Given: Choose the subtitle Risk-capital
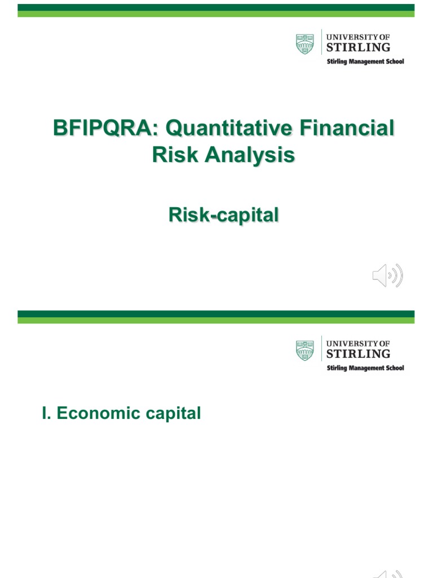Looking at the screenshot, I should [x=223, y=214].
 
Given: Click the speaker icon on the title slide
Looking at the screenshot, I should [x=387, y=275].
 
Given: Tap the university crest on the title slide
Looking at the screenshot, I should [x=305, y=44].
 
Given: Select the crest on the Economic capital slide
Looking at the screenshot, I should [x=305, y=350].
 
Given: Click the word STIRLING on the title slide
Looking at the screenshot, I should [x=358, y=47].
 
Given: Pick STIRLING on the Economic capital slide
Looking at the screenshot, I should [x=358, y=353].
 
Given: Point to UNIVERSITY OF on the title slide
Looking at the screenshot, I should [x=358, y=37].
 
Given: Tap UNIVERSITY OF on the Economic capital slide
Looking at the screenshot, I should [x=358, y=343].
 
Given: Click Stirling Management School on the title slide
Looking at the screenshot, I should [x=366, y=62].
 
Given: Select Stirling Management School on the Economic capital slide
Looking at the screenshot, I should [x=366, y=368].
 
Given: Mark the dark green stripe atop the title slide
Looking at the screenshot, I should [x=216, y=7].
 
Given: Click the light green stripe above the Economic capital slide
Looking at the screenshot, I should [x=216, y=320].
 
